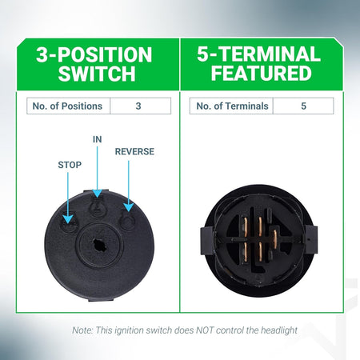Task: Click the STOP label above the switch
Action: click(x=70, y=165)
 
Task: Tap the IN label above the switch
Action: click(x=98, y=139)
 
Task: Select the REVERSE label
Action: click(x=134, y=151)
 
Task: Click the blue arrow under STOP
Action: click(x=68, y=198)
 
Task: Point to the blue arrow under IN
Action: click(x=98, y=172)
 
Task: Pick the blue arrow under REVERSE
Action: click(x=129, y=186)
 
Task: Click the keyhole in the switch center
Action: click(x=100, y=245)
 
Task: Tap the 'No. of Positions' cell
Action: click(x=68, y=106)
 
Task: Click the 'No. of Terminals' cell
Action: click(x=231, y=106)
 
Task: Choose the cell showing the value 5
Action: click(x=303, y=106)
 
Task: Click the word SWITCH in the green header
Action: click(x=97, y=74)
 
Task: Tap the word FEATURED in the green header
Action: click(x=262, y=73)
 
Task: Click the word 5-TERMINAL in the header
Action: click(x=258, y=54)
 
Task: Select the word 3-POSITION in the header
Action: click(x=94, y=54)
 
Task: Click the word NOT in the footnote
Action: click(x=205, y=330)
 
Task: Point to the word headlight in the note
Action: click(x=279, y=330)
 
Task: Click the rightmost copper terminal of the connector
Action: click(x=274, y=238)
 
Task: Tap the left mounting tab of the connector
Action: click(x=206, y=241)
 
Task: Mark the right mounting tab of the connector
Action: click(x=311, y=239)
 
